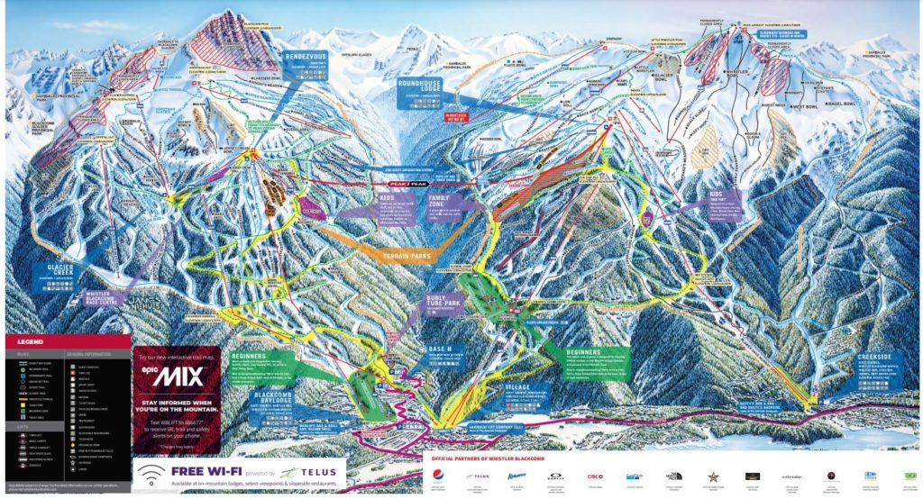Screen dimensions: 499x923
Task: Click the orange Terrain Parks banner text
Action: (396, 257)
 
